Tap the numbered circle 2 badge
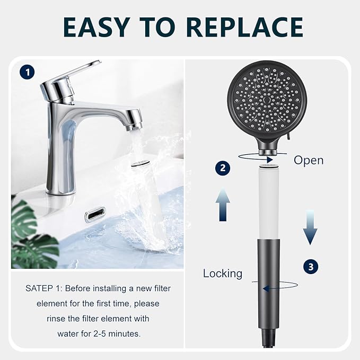[x=223, y=168]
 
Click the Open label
[x=308, y=160]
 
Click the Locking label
[x=223, y=274]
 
